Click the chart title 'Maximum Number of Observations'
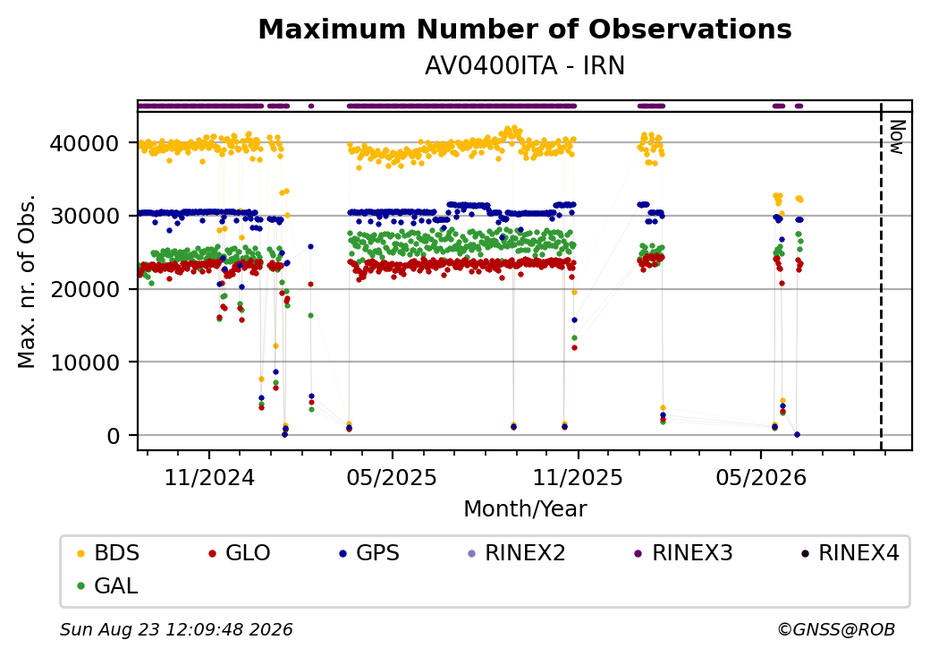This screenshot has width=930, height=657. [525, 29]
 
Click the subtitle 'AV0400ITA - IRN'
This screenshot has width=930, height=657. [525, 66]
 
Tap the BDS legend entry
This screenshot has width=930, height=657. [108, 552]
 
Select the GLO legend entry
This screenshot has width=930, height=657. [240, 552]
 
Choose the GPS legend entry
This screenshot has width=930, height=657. [369, 552]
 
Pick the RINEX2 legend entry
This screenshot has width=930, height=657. [517, 552]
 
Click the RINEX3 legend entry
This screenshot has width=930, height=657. [684, 552]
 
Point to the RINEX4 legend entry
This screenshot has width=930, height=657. [850, 552]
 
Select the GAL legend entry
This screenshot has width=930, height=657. [108, 585]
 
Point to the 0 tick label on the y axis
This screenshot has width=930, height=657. [114, 436]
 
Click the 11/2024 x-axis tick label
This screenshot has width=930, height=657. [208, 477]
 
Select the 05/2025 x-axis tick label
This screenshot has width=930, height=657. [392, 477]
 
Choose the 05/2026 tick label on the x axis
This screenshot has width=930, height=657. [761, 477]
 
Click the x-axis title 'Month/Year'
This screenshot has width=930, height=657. [525, 508]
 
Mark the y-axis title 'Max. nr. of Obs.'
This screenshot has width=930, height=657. [27, 281]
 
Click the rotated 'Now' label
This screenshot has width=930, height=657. [898, 137]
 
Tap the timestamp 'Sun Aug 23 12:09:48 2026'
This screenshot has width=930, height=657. [176, 629]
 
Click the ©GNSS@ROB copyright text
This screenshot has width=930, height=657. [836, 629]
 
